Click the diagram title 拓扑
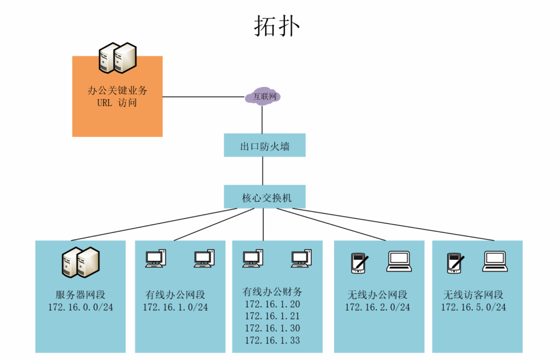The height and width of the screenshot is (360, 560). [x=277, y=26]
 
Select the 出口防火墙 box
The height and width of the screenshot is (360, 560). [x=265, y=146]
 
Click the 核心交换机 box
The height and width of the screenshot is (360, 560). [x=265, y=197]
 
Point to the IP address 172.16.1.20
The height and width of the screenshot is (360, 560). [x=272, y=304]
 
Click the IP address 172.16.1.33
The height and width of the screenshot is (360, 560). [x=272, y=341]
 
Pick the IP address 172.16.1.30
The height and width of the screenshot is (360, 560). [x=272, y=328]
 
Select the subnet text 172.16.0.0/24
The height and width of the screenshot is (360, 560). [x=80, y=307]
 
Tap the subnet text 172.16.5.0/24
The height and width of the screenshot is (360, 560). [x=474, y=307]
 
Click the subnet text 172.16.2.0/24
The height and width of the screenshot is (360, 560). [x=377, y=307]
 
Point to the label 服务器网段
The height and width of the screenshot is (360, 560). [x=80, y=295]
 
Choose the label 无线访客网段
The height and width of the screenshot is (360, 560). [x=474, y=295]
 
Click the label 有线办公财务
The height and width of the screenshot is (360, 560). [x=272, y=292]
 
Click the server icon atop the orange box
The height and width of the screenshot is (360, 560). [x=117, y=57]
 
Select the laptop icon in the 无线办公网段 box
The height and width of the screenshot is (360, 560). [x=399, y=262]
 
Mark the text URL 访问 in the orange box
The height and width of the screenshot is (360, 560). [x=117, y=103]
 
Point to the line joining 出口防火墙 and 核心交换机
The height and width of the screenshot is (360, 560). [x=263, y=171]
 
